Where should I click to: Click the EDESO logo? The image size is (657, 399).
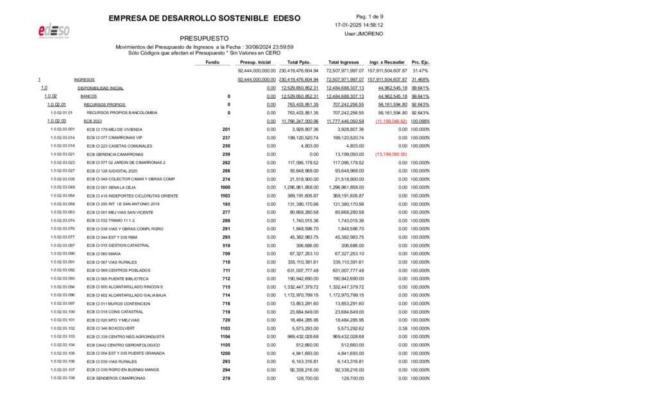(x=54, y=31)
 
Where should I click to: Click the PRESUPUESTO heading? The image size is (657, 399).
(x=203, y=38)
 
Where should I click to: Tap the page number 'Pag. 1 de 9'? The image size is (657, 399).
(x=369, y=16)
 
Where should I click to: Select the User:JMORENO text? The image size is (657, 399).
(x=360, y=33)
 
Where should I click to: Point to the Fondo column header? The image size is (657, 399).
(x=212, y=62)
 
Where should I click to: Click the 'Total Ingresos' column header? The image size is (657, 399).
(x=344, y=62)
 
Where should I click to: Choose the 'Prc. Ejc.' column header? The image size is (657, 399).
(x=420, y=62)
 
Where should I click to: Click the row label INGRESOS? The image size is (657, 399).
(x=85, y=79)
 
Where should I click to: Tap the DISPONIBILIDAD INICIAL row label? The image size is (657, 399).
(x=101, y=87)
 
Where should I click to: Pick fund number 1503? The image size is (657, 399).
(x=225, y=196)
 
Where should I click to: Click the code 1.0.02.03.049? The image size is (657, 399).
(x=62, y=187)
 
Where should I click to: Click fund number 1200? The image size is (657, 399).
(x=225, y=353)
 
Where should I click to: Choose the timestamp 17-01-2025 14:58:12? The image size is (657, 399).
(x=359, y=25)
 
